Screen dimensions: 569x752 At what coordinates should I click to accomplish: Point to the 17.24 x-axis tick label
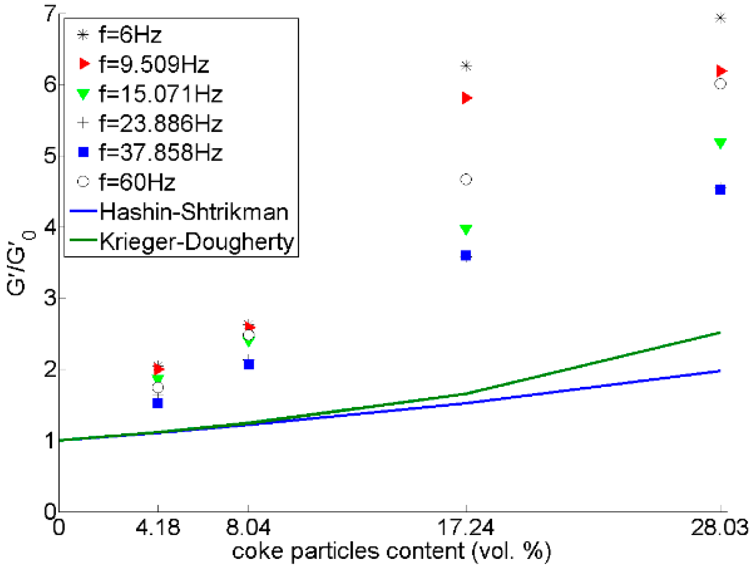coord(465,528)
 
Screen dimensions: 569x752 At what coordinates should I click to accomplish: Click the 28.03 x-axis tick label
coord(719,528)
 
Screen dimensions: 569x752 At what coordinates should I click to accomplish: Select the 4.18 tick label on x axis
coord(158,528)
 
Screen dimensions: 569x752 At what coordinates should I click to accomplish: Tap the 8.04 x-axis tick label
coord(248,528)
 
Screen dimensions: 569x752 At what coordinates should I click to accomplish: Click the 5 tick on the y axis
coord(50,156)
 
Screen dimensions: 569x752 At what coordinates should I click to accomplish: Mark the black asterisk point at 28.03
coord(720,18)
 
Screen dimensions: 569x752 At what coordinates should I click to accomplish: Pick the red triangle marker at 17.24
coord(467,98)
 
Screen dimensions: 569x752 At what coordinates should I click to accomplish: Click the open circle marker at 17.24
coord(466,180)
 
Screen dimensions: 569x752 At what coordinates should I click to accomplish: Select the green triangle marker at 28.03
coord(720,143)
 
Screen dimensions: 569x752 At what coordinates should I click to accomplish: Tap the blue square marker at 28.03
coord(720,190)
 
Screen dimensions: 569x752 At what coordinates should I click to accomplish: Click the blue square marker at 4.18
coord(158,403)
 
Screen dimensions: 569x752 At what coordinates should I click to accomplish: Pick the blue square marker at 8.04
coord(248,364)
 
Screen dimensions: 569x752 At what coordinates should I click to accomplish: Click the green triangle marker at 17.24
coord(466,230)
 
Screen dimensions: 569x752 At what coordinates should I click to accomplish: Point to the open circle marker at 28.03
coord(720,84)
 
